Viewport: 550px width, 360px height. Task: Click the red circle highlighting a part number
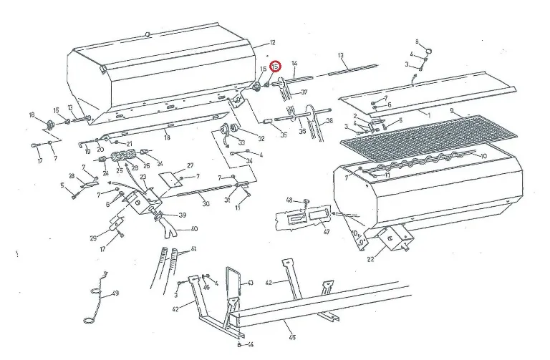click(274, 67)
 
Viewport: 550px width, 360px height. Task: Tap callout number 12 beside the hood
click(273, 43)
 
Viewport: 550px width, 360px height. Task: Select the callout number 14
click(294, 64)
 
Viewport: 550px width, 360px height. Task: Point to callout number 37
click(304, 92)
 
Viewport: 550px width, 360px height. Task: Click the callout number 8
click(418, 42)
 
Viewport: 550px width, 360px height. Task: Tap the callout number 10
click(483, 156)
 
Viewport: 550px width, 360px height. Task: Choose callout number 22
click(370, 259)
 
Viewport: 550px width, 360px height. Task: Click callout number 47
click(326, 232)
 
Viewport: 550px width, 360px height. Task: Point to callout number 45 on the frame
click(291, 337)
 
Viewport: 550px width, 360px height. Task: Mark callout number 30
click(206, 204)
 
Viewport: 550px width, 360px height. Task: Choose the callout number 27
click(190, 165)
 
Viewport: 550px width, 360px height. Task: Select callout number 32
click(261, 139)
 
